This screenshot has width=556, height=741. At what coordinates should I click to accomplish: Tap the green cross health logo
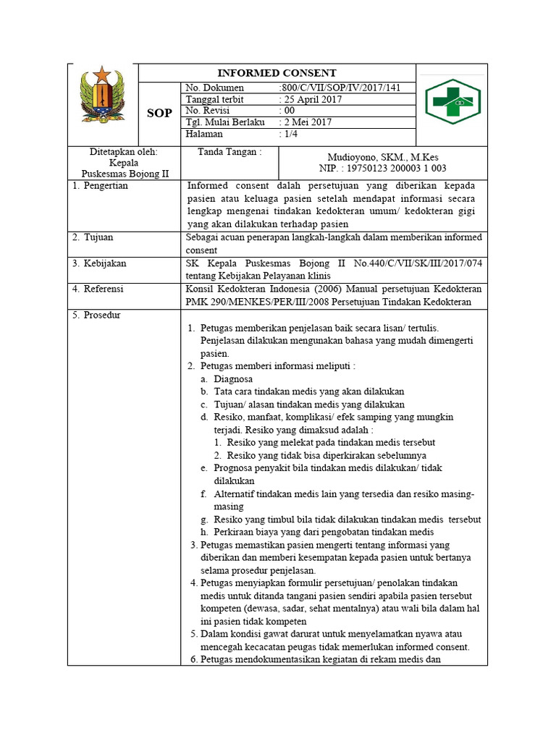[452, 103]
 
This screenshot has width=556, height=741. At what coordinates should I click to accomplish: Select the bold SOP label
[159, 114]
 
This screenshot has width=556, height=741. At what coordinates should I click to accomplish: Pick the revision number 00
[290, 111]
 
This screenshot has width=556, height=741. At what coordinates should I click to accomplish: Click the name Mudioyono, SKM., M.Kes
[383, 157]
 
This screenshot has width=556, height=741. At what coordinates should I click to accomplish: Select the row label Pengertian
[106, 186]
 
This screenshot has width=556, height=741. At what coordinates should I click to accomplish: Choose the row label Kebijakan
[104, 263]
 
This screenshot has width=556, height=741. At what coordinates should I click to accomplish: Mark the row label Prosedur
[101, 316]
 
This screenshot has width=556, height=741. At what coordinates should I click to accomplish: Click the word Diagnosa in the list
[233, 378]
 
